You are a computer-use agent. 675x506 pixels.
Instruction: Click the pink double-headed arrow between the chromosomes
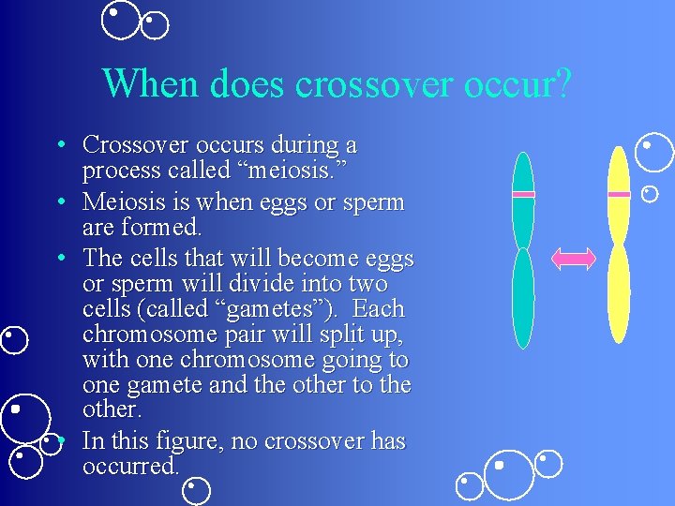point(573,258)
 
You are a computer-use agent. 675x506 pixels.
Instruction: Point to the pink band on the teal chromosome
point(523,194)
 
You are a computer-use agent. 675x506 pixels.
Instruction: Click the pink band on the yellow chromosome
point(619,194)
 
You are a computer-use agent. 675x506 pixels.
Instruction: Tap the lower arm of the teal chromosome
point(523,298)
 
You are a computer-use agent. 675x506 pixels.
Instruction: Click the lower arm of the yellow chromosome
point(619,292)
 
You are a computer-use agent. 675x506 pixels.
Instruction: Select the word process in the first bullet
point(119,171)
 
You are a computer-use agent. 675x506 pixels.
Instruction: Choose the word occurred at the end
point(129,466)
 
